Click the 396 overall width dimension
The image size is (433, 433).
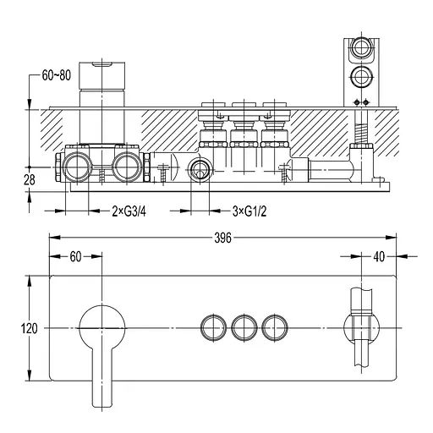pyautogui.click(x=222, y=238)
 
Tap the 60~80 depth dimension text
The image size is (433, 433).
pyautogui.click(x=57, y=75)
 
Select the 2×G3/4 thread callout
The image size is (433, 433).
pyautogui.click(x=129, y=211)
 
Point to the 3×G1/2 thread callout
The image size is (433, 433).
pyautogui.click(x=249, y=211)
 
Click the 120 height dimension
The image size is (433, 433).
pyautogui.click(x=29, y=328)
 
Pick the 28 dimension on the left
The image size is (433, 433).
pyautogui.click(x=30, y=180)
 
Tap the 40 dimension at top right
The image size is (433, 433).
pyautogui.click(x=379, y=256)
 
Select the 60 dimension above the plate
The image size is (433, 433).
pyautogui.click(x=75, y=256)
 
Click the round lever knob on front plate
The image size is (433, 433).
pyautogui.click(x=102, y=328)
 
